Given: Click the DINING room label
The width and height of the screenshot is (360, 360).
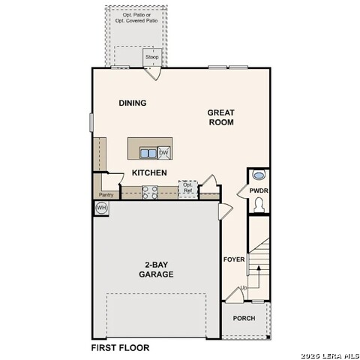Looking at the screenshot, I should click(132, 103).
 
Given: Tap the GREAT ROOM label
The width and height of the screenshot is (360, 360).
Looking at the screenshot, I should click(221, 117).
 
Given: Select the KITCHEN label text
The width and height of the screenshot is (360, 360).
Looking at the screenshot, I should click(149, 173).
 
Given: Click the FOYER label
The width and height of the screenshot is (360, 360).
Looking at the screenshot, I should click(234, 259).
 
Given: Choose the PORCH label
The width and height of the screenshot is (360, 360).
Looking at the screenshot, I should click(244, 318).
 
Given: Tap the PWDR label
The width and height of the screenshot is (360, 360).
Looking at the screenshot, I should click(259, 192).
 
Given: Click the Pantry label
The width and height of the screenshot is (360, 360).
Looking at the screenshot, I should click(106, 195).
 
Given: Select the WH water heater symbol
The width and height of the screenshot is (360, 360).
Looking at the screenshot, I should click(102, 208).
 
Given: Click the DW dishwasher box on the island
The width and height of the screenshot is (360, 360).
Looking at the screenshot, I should click(163, 153).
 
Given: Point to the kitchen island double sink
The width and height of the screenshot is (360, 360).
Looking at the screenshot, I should click(148, 153).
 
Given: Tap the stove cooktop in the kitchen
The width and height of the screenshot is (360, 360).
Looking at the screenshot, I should click(148, 193).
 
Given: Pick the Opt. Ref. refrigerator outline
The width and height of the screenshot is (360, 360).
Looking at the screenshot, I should click(187, 189).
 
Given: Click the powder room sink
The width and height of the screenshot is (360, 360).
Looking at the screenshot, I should click(259, 175).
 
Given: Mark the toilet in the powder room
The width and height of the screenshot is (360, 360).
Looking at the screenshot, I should click(259, 205).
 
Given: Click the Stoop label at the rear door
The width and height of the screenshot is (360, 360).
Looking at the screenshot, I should click(152, 57).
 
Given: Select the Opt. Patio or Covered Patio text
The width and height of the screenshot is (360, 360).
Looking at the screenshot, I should click(136, 18).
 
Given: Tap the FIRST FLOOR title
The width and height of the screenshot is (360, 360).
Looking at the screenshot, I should click(120, 348).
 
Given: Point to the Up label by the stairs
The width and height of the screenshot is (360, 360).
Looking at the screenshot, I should click(243, 288).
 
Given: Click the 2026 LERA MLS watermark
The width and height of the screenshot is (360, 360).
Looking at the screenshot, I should click(329, 355).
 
